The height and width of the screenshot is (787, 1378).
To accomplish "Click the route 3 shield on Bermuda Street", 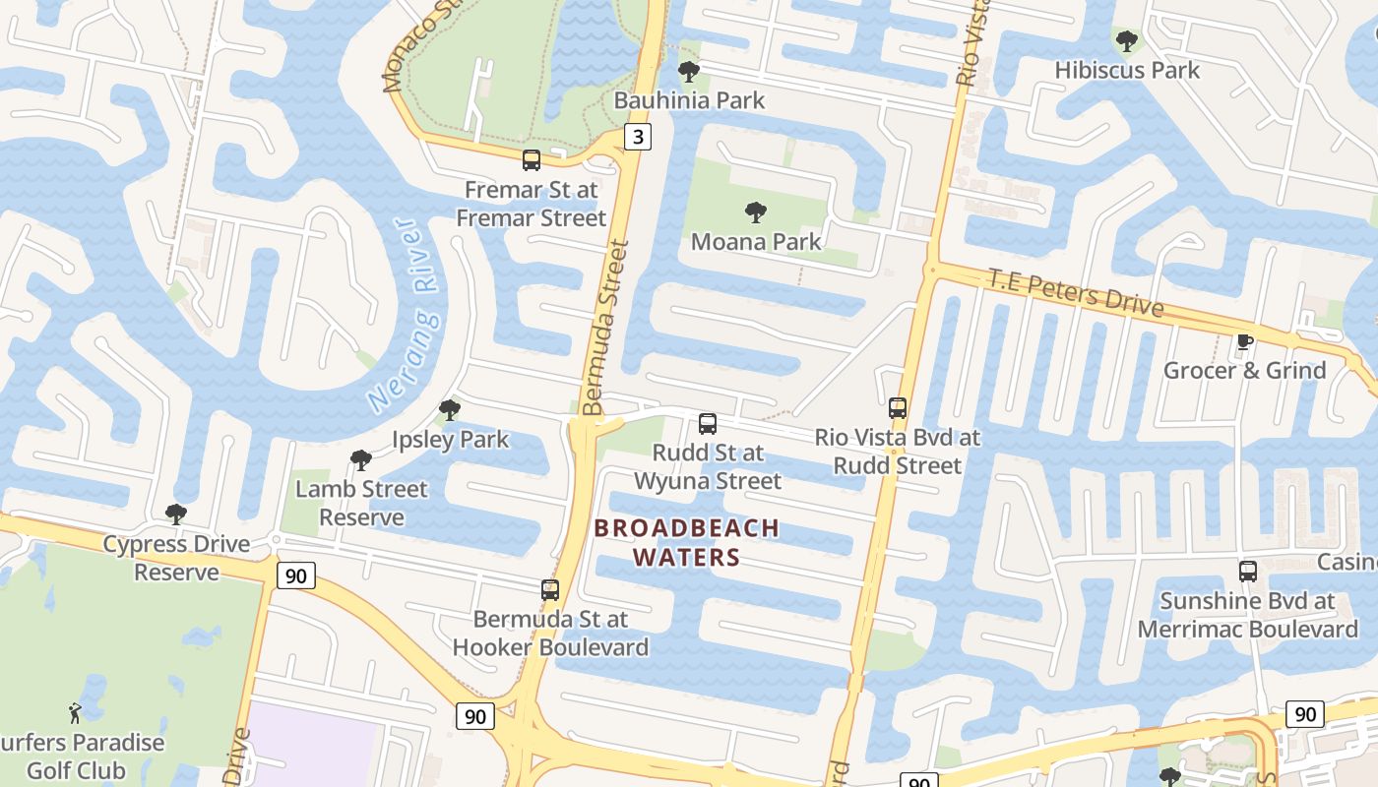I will [x=638, y=137].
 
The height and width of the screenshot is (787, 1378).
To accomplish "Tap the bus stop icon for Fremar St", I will [x=532, y=159].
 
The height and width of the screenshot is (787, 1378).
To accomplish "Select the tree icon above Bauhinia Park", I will [x=689, y=72].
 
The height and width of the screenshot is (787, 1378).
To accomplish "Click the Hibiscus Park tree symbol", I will [x=1127, y=41].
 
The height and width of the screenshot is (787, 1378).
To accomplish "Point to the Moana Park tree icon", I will [x=755, y=212].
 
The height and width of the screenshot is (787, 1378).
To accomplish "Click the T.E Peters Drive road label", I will [x=1076, y=292].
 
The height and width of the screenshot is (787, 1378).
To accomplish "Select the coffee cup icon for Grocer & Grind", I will [x=1244, y=341].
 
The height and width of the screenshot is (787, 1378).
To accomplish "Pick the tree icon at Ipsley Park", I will [x=450, y=409].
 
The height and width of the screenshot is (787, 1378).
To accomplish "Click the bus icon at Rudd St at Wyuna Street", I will [x=707, y=424].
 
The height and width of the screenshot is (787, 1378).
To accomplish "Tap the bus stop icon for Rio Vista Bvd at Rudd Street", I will [x=897, y=407].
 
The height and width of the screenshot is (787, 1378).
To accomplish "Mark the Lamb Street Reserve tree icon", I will [x=361, y=459].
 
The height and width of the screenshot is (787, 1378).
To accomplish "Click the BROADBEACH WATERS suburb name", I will [x=686, y=542].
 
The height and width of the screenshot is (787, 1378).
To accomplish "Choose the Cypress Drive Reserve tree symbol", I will [x=176, y=515].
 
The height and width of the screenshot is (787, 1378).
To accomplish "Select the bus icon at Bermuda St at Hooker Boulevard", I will [x=550, y=590].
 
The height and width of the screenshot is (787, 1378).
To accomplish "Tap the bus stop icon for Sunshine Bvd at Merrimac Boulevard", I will [x=1247, y=572].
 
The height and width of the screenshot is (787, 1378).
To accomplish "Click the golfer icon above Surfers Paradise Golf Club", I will [x=75, y=712].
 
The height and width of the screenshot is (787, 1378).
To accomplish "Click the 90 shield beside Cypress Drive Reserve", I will [x=296, y=575].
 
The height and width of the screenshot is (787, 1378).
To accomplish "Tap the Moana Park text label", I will [x=755, y=242].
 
